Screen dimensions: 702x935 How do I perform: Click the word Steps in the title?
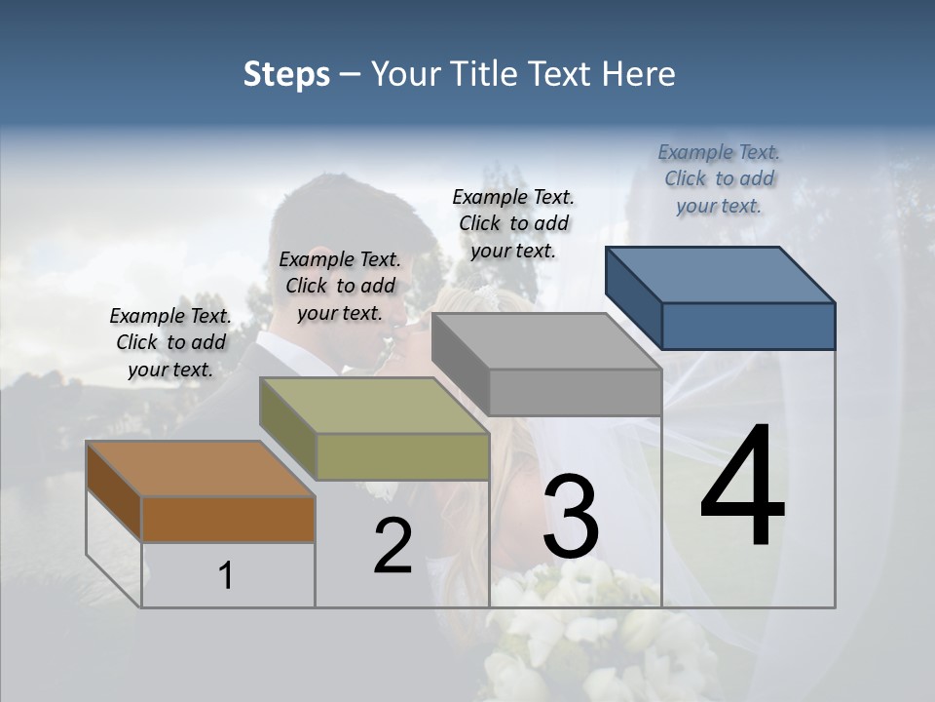point(286,74)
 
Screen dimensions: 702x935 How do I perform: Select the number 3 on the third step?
point(571,517)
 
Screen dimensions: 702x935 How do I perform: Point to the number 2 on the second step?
point(393,546)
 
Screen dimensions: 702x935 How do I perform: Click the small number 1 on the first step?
point(225,576)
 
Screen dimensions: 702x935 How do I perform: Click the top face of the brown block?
point(200,469)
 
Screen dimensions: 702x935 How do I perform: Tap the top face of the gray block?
point(545,341)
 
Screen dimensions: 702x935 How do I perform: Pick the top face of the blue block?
point(719,275)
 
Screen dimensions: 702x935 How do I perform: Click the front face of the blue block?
point(748,326)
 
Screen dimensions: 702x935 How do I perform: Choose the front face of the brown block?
point(228,519)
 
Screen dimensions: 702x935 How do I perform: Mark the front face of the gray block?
point(575,392)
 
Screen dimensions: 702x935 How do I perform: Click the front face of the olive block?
point(402,456)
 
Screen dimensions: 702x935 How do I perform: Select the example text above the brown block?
point(170,342)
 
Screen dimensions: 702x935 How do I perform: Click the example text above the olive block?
point(340,286)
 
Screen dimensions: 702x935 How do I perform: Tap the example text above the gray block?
point(513,223)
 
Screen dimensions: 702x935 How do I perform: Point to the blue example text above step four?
point(719,178)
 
